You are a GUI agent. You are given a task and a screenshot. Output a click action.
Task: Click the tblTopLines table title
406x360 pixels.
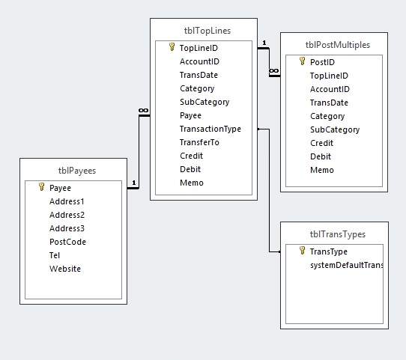click(204, 31)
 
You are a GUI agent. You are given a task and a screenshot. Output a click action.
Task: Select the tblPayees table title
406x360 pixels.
click(73, 170)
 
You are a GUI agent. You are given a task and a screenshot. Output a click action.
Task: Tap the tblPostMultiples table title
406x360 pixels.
click(334, 45)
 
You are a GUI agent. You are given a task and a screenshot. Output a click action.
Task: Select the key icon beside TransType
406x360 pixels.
click(302, 252)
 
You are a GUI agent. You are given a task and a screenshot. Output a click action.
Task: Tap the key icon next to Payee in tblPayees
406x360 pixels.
click(42, 188)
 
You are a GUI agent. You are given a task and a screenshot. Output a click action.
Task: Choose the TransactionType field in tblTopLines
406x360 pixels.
click(210, 129)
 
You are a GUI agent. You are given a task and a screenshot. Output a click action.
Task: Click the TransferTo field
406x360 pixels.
click(199, 142)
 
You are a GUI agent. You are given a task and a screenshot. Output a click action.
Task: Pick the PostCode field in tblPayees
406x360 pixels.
click(67, 242)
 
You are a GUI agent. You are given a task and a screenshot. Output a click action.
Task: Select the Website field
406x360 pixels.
click(65, 269)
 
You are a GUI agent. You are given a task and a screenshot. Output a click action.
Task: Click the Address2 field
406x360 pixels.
click(67, 215)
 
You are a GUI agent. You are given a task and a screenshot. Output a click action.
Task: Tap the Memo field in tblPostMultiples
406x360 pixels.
click(322, 170)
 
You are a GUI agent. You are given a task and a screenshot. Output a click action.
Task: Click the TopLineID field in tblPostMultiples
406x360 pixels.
click(329, 76)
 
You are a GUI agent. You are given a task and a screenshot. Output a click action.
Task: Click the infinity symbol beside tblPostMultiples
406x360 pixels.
click(273, 70)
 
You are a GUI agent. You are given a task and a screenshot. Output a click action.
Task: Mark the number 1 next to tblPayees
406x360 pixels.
click(133, 183)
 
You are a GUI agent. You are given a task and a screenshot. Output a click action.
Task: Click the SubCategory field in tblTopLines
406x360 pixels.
click(204, 102)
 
